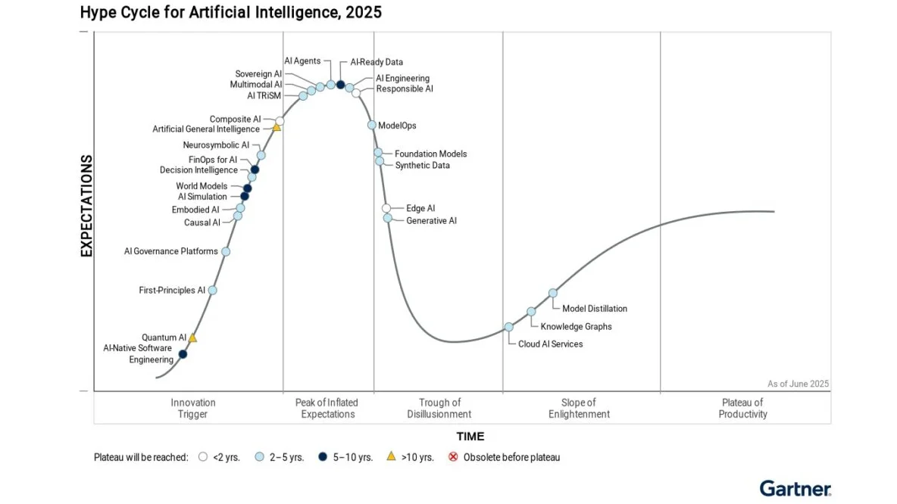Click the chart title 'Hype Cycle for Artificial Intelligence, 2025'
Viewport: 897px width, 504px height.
click(x=230, y=12)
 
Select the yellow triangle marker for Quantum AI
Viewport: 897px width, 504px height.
click(x=192, y=338)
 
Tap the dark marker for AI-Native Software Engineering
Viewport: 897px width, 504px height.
click(x=183, y=353)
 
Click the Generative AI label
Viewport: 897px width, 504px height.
click(x=431, y=221)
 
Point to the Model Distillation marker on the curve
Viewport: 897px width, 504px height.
click(x=553, y=293)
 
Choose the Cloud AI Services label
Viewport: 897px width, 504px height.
click(x=550, y=344)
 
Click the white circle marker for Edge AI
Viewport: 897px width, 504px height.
click(x=386, y=208)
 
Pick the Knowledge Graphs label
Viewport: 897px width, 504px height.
click(x=576, y=327)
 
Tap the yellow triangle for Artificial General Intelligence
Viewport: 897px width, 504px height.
click(x=277, y=128)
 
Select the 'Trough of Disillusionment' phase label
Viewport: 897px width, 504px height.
click(x=439, y=409)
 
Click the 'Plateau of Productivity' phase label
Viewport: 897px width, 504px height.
click(x=742, y=409)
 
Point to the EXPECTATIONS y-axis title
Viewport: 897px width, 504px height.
click(x=86, y=206)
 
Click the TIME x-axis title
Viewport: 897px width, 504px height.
click(x=470, y=437)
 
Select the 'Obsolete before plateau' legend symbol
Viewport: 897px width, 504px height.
click(x=453, y=457)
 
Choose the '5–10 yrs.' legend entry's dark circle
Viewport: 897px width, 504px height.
click(x=322, y=457)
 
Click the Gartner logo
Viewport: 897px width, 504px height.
click(x=795, y=488)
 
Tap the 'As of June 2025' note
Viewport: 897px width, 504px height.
click(x=798, y=384)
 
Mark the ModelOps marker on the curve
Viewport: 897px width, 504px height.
click(x=372, y=126)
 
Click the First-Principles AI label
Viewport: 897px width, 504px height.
click(x=172, y=290)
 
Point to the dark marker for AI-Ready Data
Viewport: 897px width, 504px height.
click(x=341, y=85)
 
